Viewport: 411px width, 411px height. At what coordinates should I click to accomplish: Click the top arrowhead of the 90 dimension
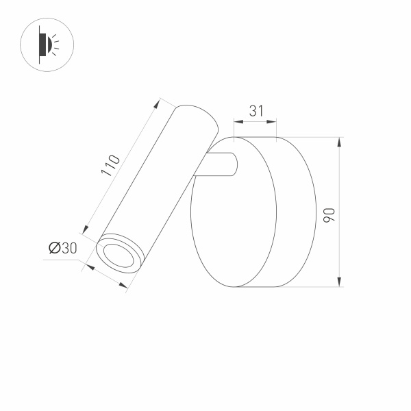pyautogui.click(x=339, y=141)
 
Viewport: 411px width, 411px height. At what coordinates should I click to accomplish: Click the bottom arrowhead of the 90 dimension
pyautogui.click(x=339, y=283)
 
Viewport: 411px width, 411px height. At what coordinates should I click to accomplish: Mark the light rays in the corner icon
pyautogui.click(x=55, y=45)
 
